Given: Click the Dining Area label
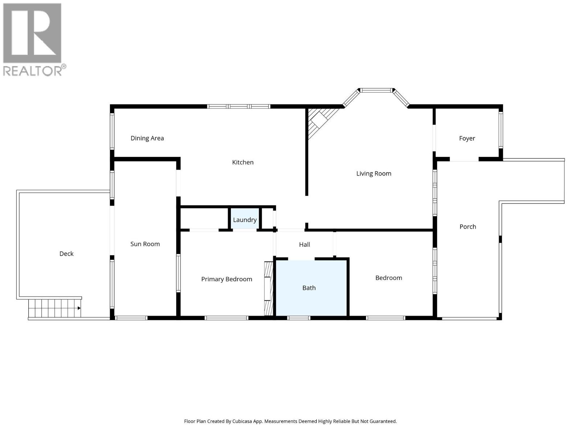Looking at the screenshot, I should (147, 138).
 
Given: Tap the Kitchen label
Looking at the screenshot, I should (243, 162).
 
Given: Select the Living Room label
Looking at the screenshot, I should (374, 174).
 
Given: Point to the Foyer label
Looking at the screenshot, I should (467, 138).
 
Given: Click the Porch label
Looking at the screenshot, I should (467, 227).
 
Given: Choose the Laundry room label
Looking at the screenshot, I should (245, 220).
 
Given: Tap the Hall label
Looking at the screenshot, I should (304, 245).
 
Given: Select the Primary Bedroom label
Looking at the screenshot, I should (227, 279).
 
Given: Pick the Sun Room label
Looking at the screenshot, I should (145, 244).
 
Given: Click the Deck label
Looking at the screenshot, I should (66, 254).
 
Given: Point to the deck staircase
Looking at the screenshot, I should (54, 308).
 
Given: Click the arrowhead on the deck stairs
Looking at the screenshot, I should (79, 308).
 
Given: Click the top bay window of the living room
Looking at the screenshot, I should (376, 90).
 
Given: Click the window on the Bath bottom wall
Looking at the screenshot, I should (298, 318).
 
